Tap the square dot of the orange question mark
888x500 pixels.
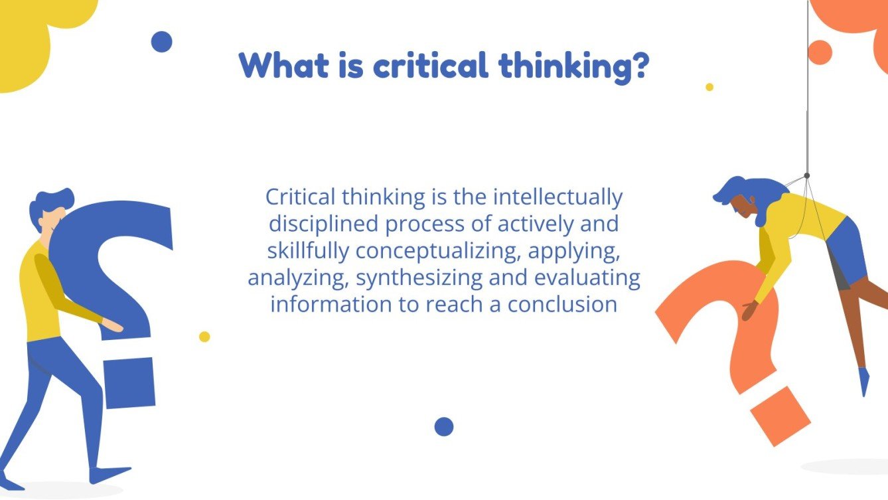pyautogui.click(x=779, y=416)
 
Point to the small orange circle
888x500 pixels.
pyautogui.click(x=820, y=52)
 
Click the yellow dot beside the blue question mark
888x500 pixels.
pyautogui.click(x=204, y=337)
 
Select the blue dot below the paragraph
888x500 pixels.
pyautogui.click(x=444, y=426)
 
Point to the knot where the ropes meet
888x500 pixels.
pyautogui.click(x=806, y=176)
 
